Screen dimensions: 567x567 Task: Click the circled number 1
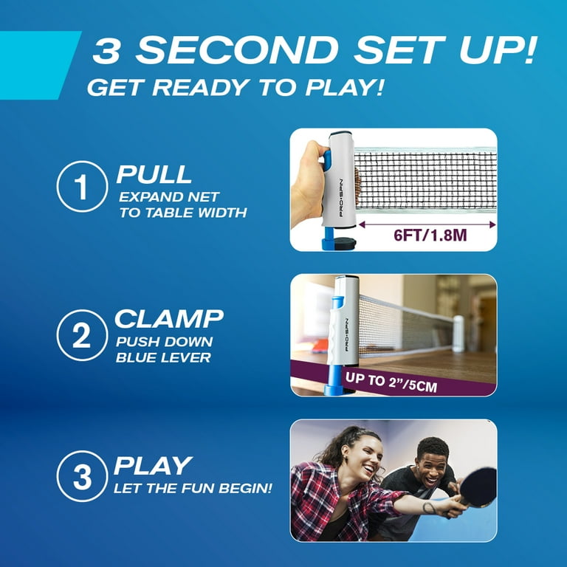tap(83, 186)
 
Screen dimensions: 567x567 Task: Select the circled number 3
tap(83, 476)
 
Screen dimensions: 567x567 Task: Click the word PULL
tap(154, 174)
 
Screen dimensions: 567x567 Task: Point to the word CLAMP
tap(168, 319)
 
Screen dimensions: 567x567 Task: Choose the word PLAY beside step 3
tap(153, 466)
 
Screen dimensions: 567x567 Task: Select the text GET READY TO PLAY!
tap(236, 87)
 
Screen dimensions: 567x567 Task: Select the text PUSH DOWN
tap(164, 342)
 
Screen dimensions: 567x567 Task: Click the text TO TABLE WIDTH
tap(183, 213)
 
